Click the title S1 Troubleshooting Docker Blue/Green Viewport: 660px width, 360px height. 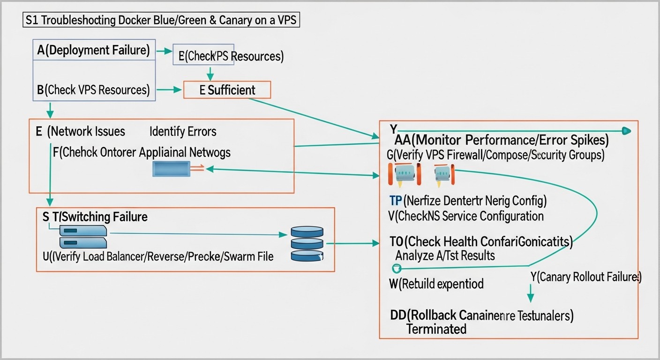point(161,22)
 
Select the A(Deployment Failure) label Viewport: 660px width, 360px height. point(93,50)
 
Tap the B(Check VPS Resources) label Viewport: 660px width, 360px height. point(93,90)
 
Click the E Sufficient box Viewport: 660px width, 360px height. point(227,90)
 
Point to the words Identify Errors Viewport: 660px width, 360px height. point(183,131)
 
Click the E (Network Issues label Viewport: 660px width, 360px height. point(81,131)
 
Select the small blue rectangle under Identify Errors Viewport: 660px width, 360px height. point(171,169)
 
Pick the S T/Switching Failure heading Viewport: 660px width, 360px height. point(95,217)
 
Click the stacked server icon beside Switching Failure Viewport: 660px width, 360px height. point(83,237)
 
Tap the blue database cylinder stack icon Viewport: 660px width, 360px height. point(307,244)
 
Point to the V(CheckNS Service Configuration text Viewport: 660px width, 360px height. point(466,216)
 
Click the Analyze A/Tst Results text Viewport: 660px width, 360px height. point(445,255)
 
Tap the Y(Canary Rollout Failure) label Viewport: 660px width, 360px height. point(586,277)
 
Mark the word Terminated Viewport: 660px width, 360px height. point(436,329)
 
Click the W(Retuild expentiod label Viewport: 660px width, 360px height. point(436,284)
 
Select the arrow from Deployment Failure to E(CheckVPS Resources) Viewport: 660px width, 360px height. point(164,51)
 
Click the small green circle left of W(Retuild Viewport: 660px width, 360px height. point(396,269)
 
